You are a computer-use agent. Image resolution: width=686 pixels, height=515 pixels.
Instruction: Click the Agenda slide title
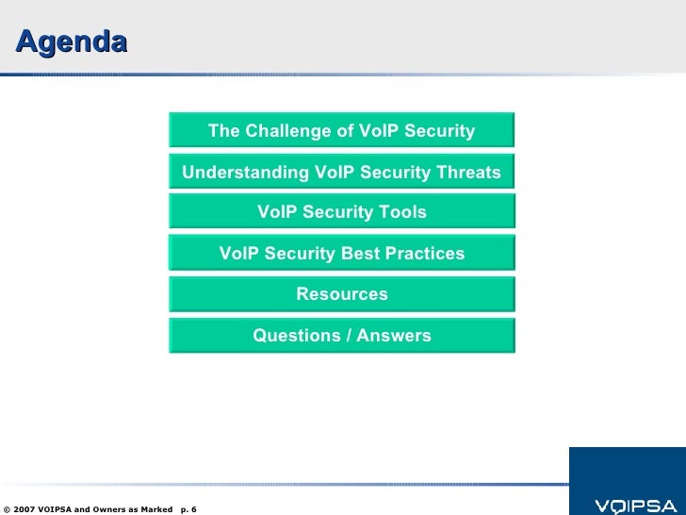tap(72, 43)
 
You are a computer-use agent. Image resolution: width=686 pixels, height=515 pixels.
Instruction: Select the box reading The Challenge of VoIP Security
tap(342, 130)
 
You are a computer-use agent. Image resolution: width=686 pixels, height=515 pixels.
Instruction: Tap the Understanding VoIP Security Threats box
tap(342, 172)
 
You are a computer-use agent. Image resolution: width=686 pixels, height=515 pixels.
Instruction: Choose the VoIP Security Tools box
tap(342, 211)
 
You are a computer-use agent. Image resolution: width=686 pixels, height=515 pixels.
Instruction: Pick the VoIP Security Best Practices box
tap(342, 253)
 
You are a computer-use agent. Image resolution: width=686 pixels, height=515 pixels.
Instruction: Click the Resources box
tap(342, 294)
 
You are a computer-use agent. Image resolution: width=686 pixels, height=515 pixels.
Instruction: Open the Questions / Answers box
tap(342, 336)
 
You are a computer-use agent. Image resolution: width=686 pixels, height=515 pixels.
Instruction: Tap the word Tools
tap(402, 212)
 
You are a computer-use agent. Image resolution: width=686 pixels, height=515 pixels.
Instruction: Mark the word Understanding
tap(245, 173)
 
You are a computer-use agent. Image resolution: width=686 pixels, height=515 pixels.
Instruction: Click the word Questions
tap(297, 336)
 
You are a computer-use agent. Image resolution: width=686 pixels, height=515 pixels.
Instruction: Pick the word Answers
tap(394, 336)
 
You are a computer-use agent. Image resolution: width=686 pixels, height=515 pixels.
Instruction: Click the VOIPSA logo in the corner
tap(636, 507)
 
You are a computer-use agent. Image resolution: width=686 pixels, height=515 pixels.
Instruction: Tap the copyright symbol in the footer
tap(7, 509)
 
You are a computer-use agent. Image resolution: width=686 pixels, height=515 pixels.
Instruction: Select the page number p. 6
tap(188, 509)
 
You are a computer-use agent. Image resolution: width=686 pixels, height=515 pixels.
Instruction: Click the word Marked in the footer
tap(156, 509)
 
